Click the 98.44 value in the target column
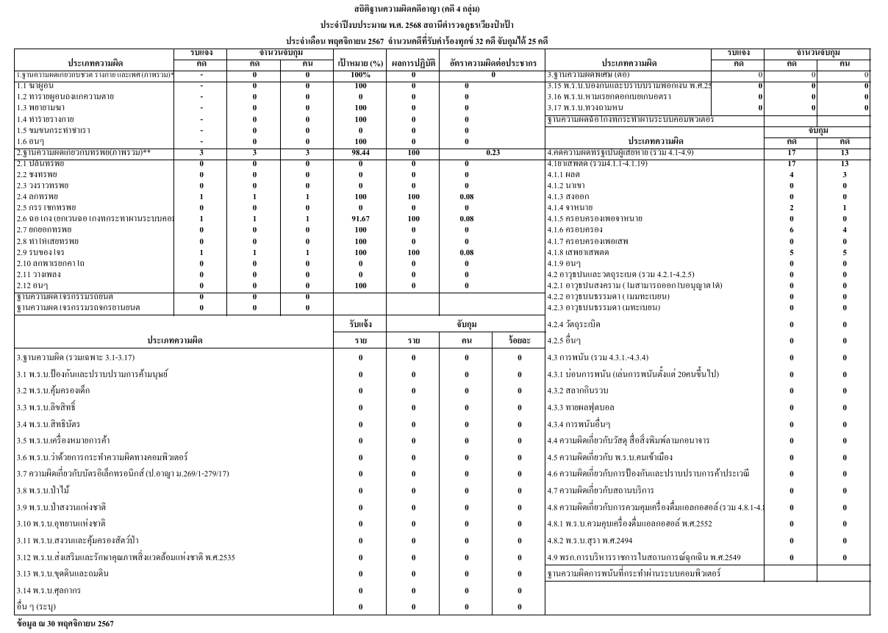pos(360,152)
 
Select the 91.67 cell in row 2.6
pos(360,218)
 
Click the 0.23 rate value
pos(493,152)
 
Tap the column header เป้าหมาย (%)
pos(360,63)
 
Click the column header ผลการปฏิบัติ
pos(413,63)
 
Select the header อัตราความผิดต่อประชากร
pos(493,63)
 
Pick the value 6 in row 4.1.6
pos(791,229)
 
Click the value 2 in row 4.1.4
pos(791,207)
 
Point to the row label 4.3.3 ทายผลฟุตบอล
pos(581,407)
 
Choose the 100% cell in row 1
pos(360,75)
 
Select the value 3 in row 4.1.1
pos(845,174)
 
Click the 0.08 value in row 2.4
pos(467,196)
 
